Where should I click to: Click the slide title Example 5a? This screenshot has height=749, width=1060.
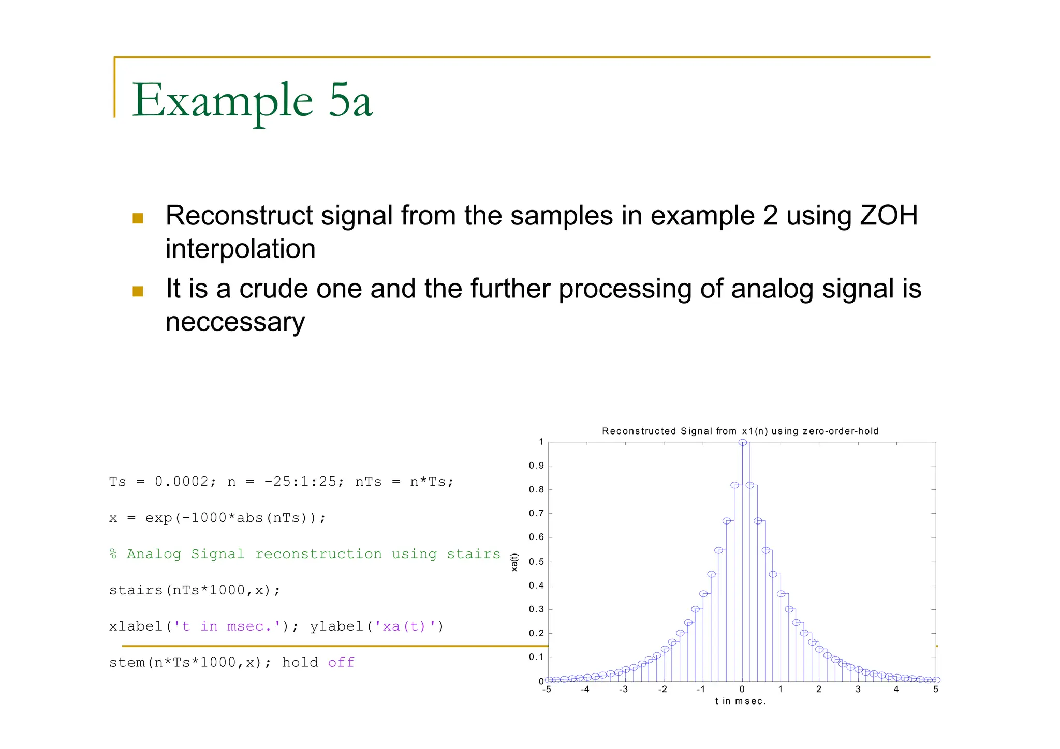click(252, 100)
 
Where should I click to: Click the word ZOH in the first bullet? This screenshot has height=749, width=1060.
click(888, 216)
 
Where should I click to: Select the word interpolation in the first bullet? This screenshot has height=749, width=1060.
click(240, 249)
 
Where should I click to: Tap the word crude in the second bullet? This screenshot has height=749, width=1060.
click(273, 289)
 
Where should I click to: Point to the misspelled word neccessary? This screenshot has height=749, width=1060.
click(235, 322)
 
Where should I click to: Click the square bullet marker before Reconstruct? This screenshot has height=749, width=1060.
click(138, 218)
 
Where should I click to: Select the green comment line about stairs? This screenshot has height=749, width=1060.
click(304, 554)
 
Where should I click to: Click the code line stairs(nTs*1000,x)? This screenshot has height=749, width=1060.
click(195, 590)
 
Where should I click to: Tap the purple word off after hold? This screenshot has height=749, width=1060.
click(341, 663)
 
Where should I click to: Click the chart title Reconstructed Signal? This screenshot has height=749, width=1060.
click(740, 431)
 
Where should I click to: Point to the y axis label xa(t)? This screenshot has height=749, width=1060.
click(514, 562)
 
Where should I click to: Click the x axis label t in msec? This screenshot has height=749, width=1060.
click(740, 701)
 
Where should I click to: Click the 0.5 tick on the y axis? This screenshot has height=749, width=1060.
click(536, 562)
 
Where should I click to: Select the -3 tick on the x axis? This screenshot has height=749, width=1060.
click(623, 690)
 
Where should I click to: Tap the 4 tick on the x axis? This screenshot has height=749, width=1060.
click(896, 690)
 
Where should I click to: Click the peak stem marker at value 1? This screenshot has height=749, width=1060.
click(742, 442)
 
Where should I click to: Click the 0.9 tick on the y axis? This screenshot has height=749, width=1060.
click(536, 466)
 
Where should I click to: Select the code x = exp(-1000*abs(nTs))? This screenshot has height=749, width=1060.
click(217, 518)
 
